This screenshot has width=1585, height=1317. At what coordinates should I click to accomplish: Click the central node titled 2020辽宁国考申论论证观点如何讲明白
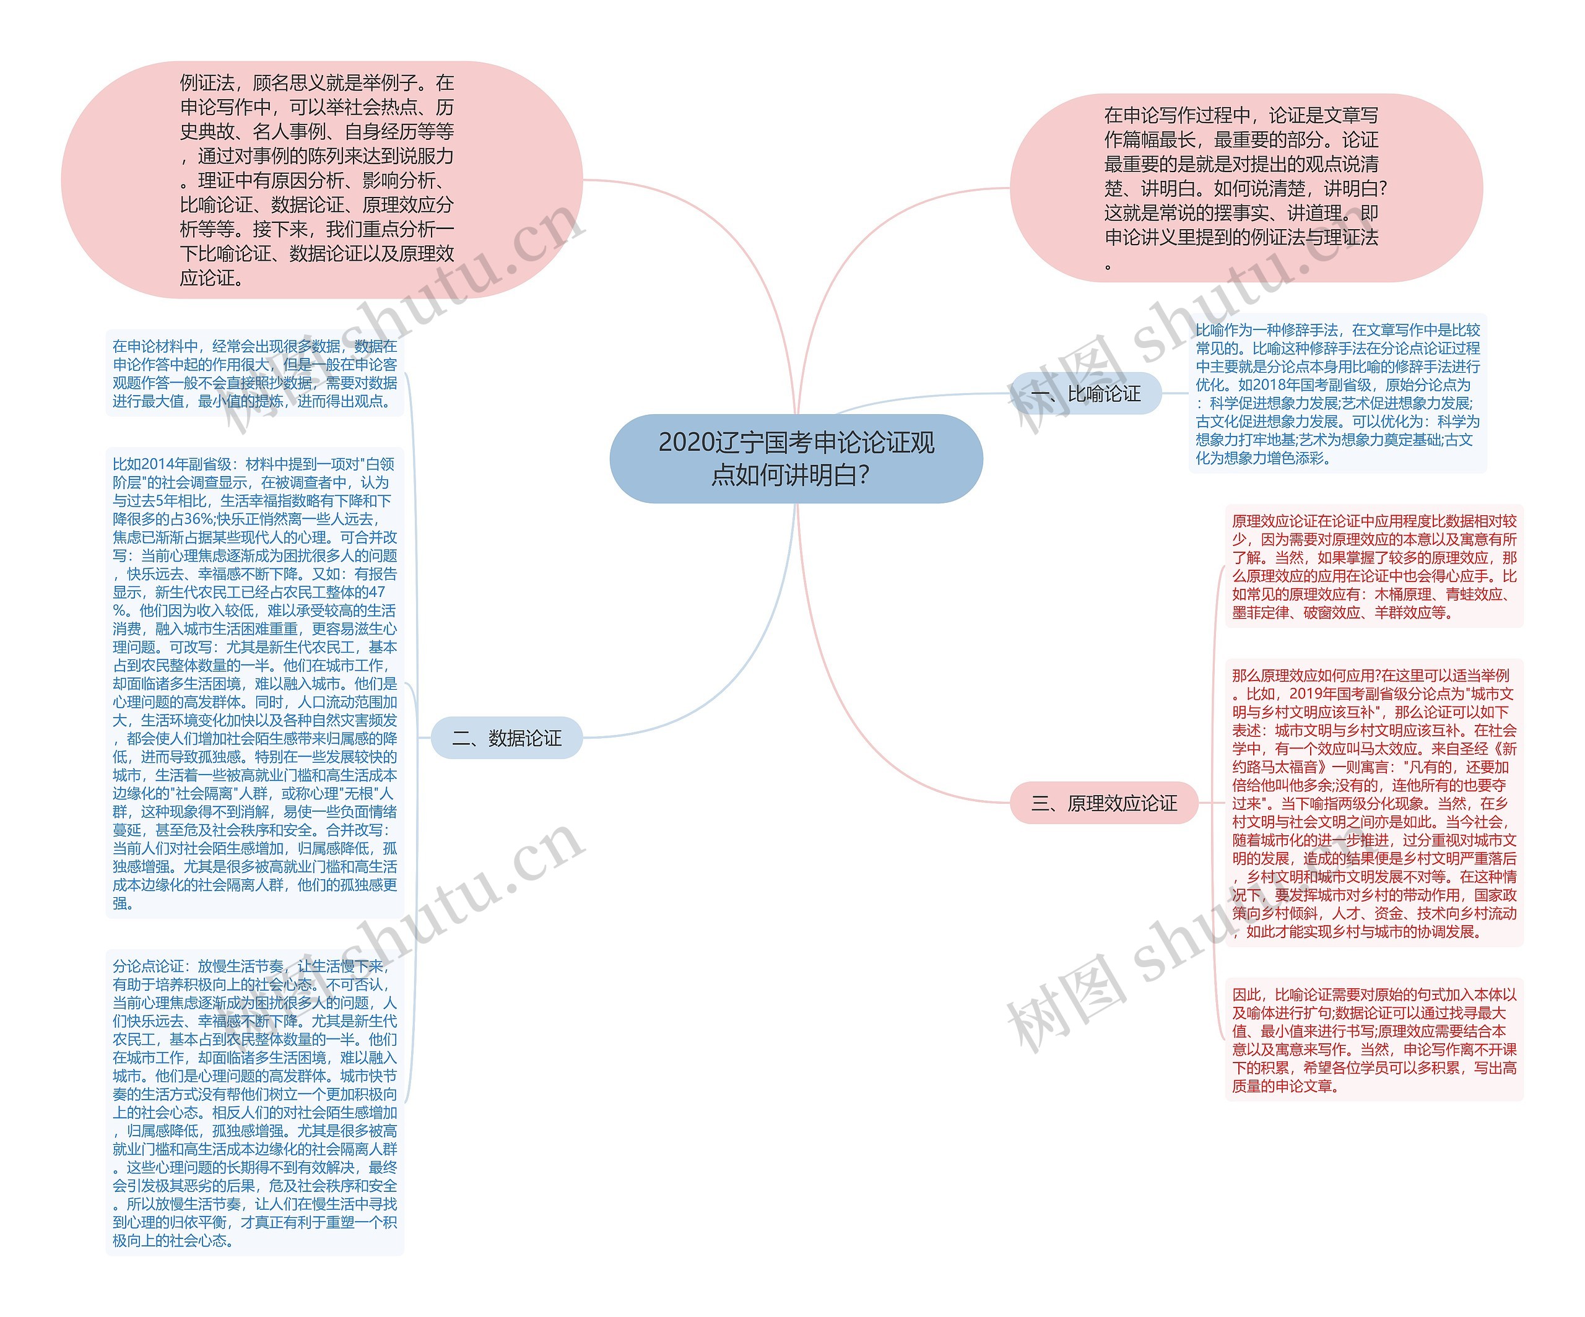(x=796, y=458)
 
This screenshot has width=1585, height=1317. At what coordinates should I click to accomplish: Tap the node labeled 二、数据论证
(x=506, y=738)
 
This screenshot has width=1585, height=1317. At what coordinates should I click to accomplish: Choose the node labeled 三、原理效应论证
(x=1103, y=803)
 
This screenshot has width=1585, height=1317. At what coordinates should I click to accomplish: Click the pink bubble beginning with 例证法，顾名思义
(x=321, y=180)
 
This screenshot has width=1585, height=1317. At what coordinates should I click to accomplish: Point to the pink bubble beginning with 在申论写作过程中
(x=1245, y=188)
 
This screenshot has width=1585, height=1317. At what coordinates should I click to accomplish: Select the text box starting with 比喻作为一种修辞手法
(x=1337, y=394)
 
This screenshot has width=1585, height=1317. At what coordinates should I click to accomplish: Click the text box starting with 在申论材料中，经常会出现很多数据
(x=255, y=373)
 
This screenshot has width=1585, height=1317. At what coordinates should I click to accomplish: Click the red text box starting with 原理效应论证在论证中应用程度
(x=1374, y=566)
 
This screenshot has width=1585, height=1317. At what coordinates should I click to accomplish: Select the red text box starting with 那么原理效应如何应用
(x=1374, y=803)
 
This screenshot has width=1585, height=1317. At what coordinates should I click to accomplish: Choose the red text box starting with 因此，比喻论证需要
(x=1374, y=1040)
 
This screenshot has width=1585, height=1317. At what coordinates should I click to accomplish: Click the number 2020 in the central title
(x=685, y=442)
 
